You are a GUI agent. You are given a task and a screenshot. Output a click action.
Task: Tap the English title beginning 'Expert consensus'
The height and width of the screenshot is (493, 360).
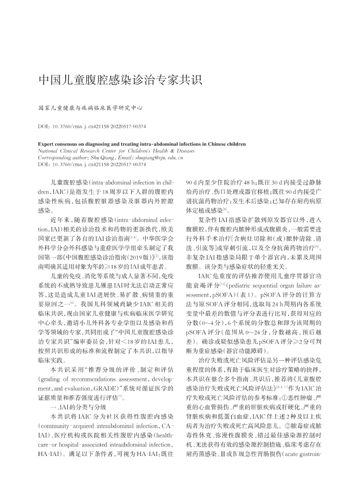(141, 145)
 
